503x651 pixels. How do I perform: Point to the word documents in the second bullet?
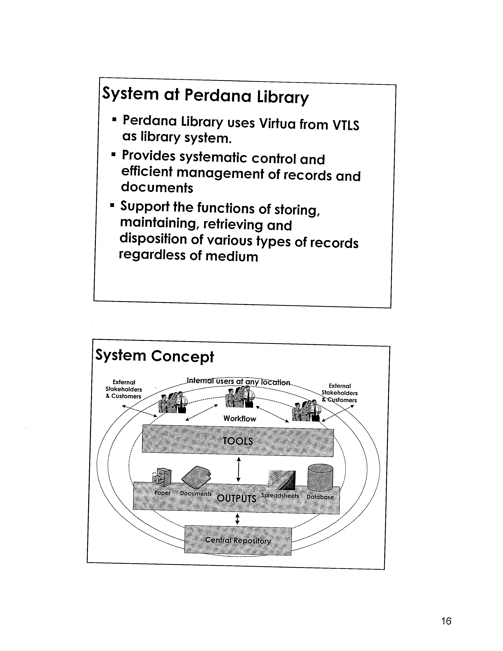[x=157, y=187]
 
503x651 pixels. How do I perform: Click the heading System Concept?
[x=154, y=356]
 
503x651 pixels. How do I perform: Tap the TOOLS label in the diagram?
[x=238, y=441]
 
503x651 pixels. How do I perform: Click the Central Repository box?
[x=238, y=540]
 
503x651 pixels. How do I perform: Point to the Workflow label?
[x=240, y=418]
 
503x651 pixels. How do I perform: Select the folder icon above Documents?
[x=196, y=477]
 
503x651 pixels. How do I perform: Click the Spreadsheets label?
[x=280, y=495]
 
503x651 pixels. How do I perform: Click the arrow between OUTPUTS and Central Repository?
[x=237, y=519]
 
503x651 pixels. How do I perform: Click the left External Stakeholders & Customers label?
[x=124, y=389]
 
